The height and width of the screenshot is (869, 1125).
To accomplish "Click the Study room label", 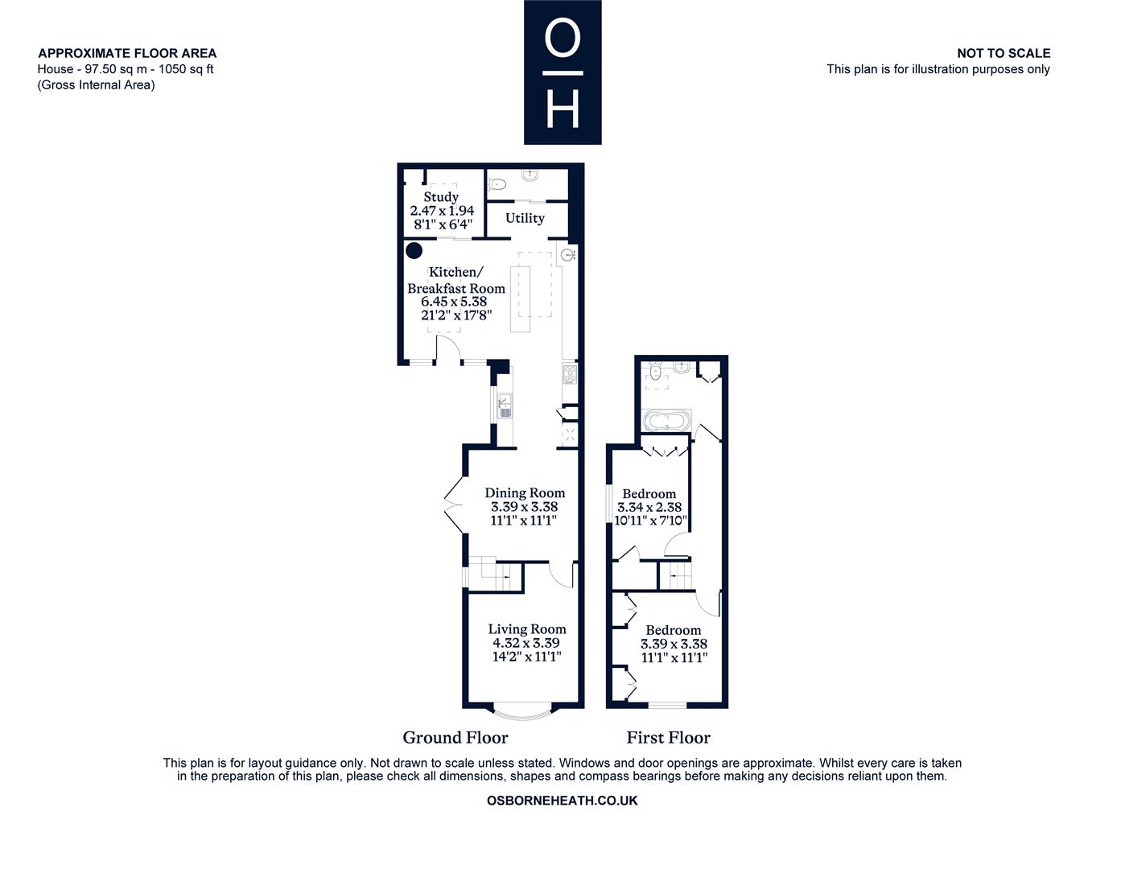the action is pyautogui.click(x=440, y=196).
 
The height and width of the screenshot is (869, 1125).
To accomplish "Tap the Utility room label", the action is pyautogui.click(x=525, y=218).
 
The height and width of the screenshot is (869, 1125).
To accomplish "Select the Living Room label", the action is pyautogui.click(x=526, y=629).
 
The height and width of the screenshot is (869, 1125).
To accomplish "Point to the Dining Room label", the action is pyautogui.click(x=525, y=492).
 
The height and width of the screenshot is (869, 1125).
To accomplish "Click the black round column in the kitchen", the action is pyautogui.click(x=414, y=251).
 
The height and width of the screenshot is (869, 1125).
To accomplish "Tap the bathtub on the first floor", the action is pyautogui.click(x=666, y=420).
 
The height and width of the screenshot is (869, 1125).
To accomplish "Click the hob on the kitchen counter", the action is pyautogui.click(x=570, y=374).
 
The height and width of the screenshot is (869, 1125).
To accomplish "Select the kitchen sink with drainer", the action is pyautogui.click(x=505, y=406).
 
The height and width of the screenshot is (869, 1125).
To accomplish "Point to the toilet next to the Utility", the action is pyautogui.click(x=497, y=183).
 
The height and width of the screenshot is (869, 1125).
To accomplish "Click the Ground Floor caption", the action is pyautogui.click(x=455, y=737).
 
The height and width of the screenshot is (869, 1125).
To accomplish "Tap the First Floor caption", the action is pyautogui.click(x=668, y=737).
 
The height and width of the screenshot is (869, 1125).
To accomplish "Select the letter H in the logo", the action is pyautogui.click(x=562, y=109).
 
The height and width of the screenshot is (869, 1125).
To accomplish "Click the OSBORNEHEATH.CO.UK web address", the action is pyautogui.click(x=562, y=800).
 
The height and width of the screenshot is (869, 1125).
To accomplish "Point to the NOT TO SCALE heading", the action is pyautogui.click(x=1003, y=53).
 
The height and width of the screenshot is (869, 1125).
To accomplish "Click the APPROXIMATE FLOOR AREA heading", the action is pyautogui.click(x=127, y=53).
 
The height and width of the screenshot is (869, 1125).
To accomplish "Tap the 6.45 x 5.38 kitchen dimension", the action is pyautogui.click(x=454, y=301).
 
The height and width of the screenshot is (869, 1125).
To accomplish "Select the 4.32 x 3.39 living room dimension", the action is pyautogui.click(x=526, y=643).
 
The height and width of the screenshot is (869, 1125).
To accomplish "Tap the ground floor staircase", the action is pyautogui.click(x=496, y=574).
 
